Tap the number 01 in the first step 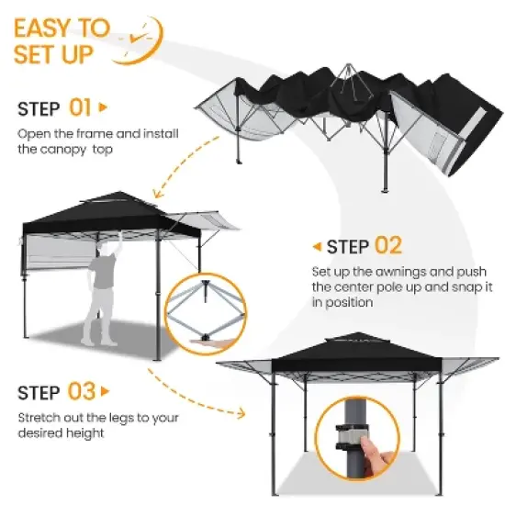(81, 108)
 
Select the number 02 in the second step (387, 246)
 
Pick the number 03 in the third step (82, 393)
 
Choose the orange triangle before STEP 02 (317, 246)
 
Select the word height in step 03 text (85, 432)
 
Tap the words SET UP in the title (54, 54)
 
